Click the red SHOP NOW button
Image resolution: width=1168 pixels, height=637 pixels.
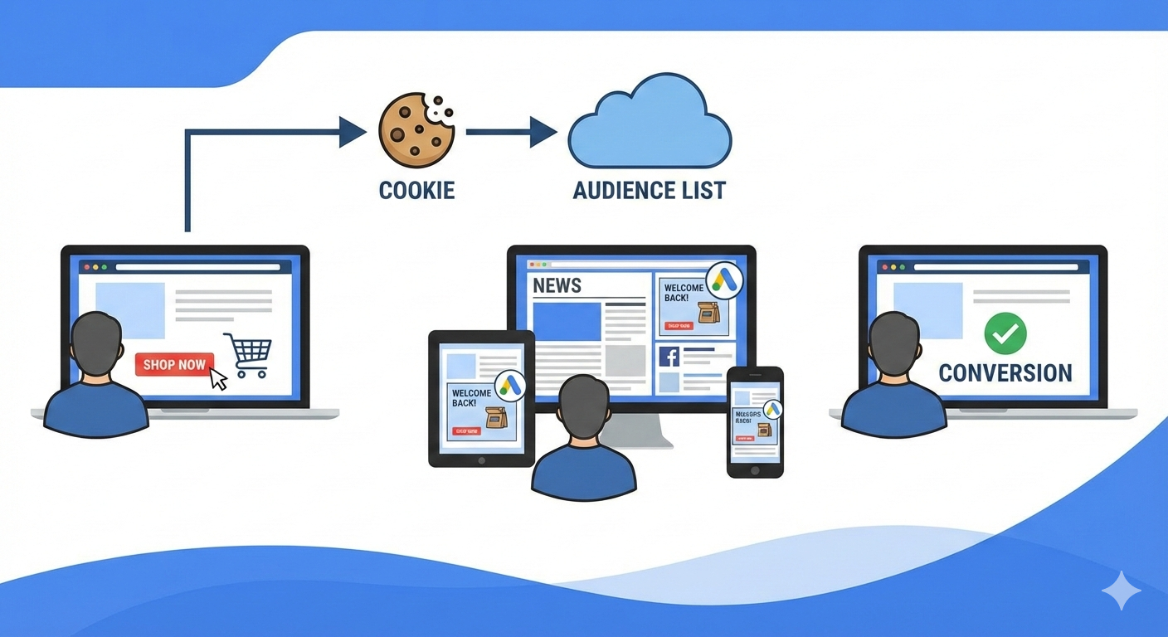(x=174, y=364)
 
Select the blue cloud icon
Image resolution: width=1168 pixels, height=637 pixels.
(x=649, y=122)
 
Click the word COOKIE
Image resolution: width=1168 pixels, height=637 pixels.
(x=416, y=190)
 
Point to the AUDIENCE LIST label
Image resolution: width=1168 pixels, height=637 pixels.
(x=649, y=190)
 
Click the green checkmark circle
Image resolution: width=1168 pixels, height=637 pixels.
(x=1005, y=333)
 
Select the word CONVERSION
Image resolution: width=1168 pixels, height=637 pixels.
(x=1005, y=372)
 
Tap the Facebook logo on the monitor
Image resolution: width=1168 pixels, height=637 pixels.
(x=669, y=357)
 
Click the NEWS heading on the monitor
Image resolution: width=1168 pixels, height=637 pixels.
(x=557, y=286)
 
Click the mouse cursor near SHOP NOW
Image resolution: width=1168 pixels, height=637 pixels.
(x=218, y=379)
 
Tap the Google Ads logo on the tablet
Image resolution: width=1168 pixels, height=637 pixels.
(x=510, y=386)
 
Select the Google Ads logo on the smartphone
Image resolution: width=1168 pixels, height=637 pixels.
(x=773, y=409)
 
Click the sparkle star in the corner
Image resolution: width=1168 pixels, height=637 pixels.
(x=1121, y=591)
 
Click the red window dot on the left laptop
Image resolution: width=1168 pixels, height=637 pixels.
(x=85, y=267)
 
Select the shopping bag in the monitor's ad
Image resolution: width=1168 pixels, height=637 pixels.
(x=707, y=313)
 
